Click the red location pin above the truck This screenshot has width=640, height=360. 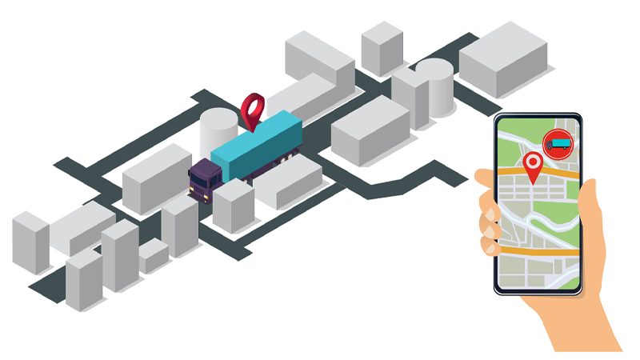pos(254,108)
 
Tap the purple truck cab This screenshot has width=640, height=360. pos(203,177)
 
